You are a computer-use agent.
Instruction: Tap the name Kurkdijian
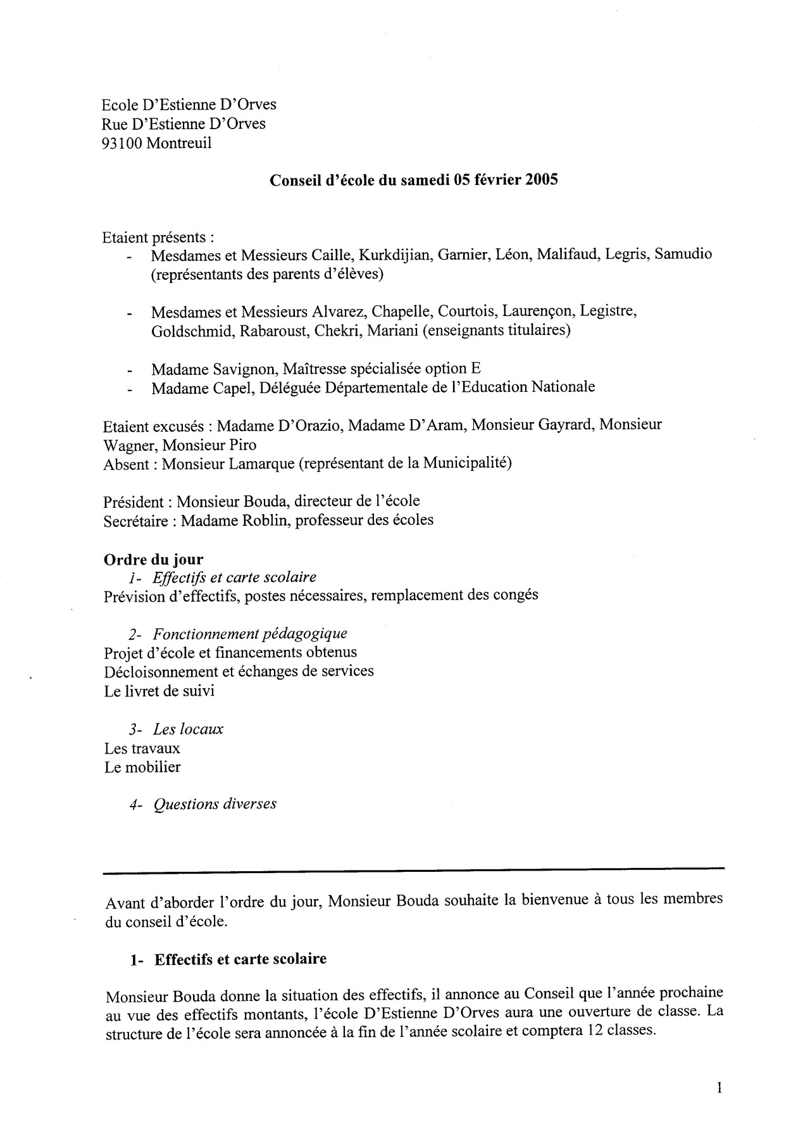pyautogui.click(x=396, y=255)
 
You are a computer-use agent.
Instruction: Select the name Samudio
pyautogui.click(x=683, y=255)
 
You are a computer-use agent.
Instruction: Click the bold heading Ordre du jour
pyautogui.click(x=153, y=559)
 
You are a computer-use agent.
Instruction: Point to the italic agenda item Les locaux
pyautogui.click(x=188, y=729)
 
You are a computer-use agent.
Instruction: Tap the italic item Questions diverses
pyautogui.click(x=215, y=804)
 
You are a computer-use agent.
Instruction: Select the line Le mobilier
pyautogui.click(x=142, y=767)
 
